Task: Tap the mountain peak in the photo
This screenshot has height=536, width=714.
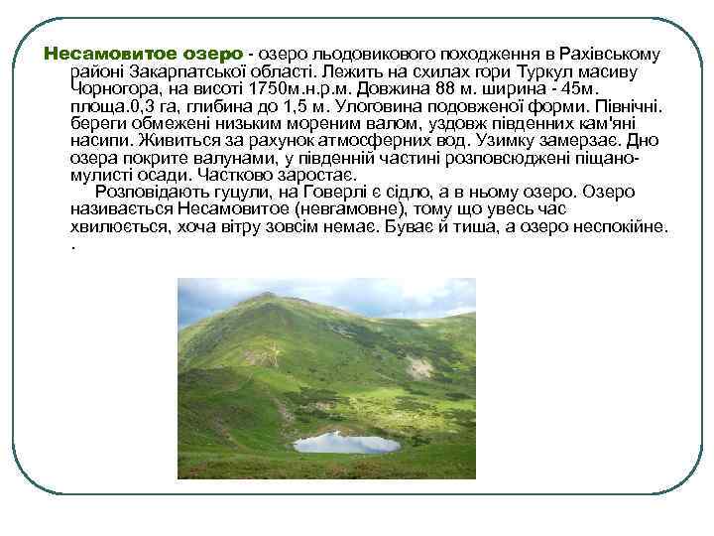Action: point(266,295)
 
